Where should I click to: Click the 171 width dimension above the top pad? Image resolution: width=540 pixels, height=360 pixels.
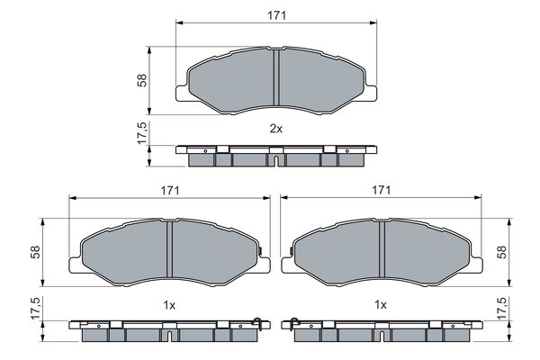coord(276,14)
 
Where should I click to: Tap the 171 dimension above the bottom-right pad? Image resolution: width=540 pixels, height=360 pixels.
coord(382,191)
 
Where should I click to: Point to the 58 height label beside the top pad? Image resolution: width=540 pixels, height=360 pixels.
coord(141,80)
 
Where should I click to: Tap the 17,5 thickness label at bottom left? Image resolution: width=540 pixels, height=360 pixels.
coord(37,311)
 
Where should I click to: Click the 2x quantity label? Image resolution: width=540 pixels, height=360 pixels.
coord(276,129)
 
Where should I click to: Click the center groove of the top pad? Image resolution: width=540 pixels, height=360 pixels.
coord(276,79)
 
